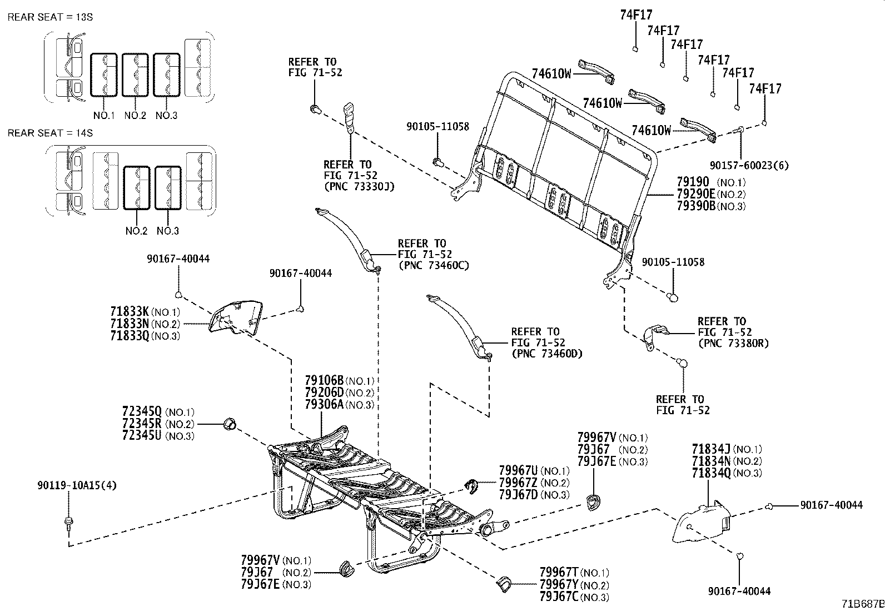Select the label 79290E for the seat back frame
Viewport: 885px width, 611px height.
point(696,194)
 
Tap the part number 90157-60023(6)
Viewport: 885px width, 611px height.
point(749,165)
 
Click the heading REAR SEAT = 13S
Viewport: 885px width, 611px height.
point(50,17)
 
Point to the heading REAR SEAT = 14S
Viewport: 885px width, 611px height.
point(50,133)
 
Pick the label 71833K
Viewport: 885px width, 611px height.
point(129,312)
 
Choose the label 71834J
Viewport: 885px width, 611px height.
point(712,449)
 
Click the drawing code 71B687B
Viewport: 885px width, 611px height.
point(862,604)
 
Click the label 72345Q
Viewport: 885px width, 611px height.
point(142,412)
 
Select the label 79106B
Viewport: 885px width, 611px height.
point(324,381)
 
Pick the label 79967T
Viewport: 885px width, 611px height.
point(559,573)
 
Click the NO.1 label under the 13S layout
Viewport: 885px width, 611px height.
point(103,116)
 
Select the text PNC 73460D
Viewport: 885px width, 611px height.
point(546,353)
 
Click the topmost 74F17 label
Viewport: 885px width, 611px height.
point(636,15)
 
